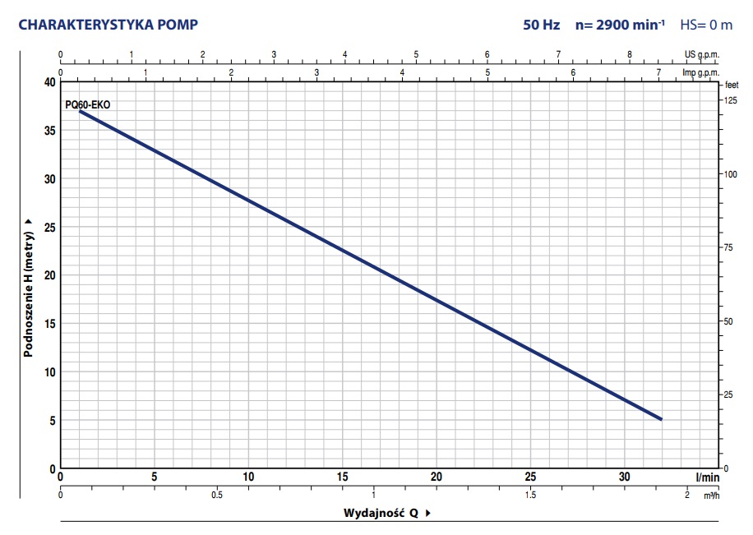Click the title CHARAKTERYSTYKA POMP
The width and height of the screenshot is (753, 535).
pyautogui.click(x=108, y=25)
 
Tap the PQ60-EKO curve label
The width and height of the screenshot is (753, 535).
pyautogui.click(x=87, y=104)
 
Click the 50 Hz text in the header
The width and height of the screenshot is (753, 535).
pyautogui.click(x=541, y=25)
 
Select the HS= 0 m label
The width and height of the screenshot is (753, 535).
pyautogui.click(x=705, y=25)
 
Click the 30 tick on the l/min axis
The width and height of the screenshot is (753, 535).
pyautogui.click(x=624, y=477)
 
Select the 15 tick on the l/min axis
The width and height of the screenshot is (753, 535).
pyautogui.click(x=342, y=477)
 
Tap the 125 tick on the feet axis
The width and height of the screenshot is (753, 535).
pyautogui.click(x=730, y=100)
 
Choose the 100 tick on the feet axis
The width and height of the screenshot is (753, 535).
pyautogui.click(x=730, y=174)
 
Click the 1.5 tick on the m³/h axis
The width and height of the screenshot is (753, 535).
pyautogui.click(x=530, y=495)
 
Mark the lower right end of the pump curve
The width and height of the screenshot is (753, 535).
pyautogui.click(x=661, y=419)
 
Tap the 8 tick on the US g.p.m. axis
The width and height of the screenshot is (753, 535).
pyautogui.click(x=630, y=55)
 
